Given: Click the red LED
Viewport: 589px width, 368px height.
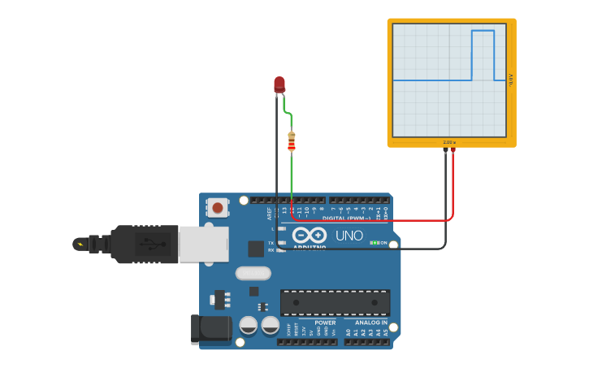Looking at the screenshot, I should point(279,84).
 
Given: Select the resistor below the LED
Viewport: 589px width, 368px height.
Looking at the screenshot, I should point(292,141).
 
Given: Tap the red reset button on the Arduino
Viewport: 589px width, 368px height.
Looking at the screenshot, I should point(217,207).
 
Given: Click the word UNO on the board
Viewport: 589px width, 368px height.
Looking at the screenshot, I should point(349,236).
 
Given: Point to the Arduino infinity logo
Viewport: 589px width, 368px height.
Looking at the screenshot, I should point(310,235).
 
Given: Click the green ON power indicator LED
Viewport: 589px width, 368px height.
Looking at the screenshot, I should point(376,243).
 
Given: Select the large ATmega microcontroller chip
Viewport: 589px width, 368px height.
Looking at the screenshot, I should point(335,302).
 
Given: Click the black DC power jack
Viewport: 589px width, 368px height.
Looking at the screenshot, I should point(210,329).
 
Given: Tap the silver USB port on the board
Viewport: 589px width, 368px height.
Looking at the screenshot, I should point(203,244).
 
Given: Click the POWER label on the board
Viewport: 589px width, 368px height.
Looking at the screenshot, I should point(325,323).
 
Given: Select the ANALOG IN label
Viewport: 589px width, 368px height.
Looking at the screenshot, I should point(371,323).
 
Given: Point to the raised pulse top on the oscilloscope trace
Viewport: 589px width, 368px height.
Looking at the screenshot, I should point(483,31).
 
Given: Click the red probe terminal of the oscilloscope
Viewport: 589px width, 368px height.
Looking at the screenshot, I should point(453,150).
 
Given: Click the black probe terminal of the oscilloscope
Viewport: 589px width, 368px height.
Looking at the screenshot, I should point(445,150).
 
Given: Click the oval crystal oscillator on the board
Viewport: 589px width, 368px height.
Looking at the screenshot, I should point(253,273).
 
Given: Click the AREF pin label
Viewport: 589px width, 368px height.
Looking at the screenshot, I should point(270,214).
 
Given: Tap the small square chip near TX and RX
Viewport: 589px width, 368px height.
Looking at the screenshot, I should point(256,249).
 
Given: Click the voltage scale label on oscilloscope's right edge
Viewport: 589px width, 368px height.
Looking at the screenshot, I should point(511,80).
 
